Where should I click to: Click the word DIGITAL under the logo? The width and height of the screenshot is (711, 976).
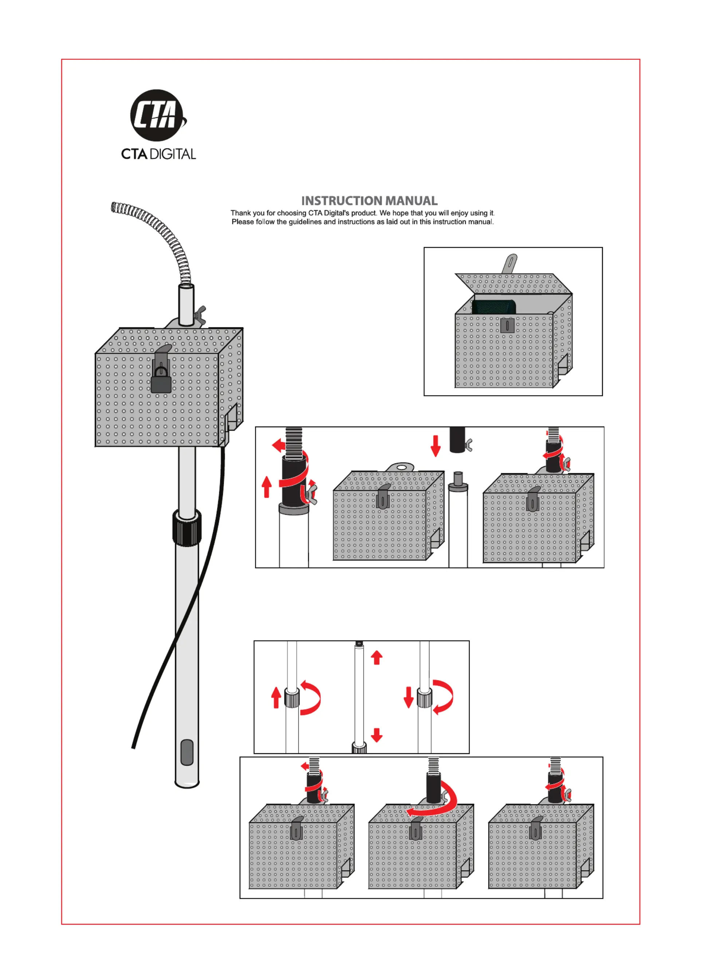tap(172, 154)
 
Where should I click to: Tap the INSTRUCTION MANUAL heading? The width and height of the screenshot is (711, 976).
tap(369, 201)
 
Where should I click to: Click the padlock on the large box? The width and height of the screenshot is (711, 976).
tap(161, 381)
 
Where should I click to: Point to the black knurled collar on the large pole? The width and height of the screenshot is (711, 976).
tap(187, 527)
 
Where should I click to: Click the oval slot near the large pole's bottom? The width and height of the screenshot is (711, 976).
tap(187, 752)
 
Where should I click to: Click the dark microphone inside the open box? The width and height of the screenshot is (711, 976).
tap(493, 307)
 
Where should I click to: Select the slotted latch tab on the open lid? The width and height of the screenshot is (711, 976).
tap(510, 263)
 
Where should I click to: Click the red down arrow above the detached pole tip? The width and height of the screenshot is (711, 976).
tap(436, 446)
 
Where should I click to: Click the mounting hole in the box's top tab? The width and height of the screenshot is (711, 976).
tap(400, 466)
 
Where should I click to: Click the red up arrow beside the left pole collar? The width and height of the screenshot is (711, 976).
tap(276, 698)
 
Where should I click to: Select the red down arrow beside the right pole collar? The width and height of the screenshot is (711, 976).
tap(408, 698)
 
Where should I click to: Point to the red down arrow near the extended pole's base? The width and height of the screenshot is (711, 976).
tap(377, 735)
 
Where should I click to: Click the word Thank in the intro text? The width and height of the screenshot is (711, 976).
tap(240, 213)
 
